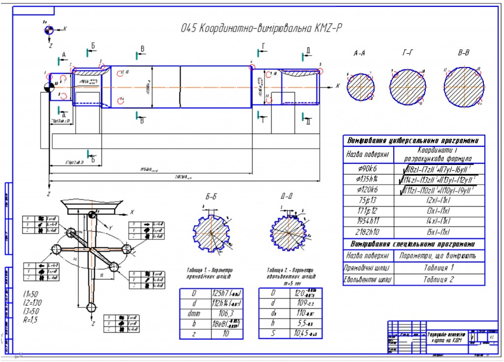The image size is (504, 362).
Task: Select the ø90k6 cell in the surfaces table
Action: [368, 168]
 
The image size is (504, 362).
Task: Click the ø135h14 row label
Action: [368, 178]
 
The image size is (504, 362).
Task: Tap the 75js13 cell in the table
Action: [368, 199]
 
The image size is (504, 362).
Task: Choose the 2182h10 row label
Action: [368, 232]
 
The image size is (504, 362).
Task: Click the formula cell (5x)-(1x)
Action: [440, 232]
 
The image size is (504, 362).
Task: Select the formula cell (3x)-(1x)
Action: [440, 210]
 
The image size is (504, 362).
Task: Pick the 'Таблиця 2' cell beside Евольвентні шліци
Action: [440, 279]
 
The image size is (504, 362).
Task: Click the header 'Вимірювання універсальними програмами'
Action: [414, 139]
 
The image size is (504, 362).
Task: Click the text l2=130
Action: [33, 302]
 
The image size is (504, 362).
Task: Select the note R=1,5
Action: [32, 319]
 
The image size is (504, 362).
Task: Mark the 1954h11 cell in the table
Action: [368, 221]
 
